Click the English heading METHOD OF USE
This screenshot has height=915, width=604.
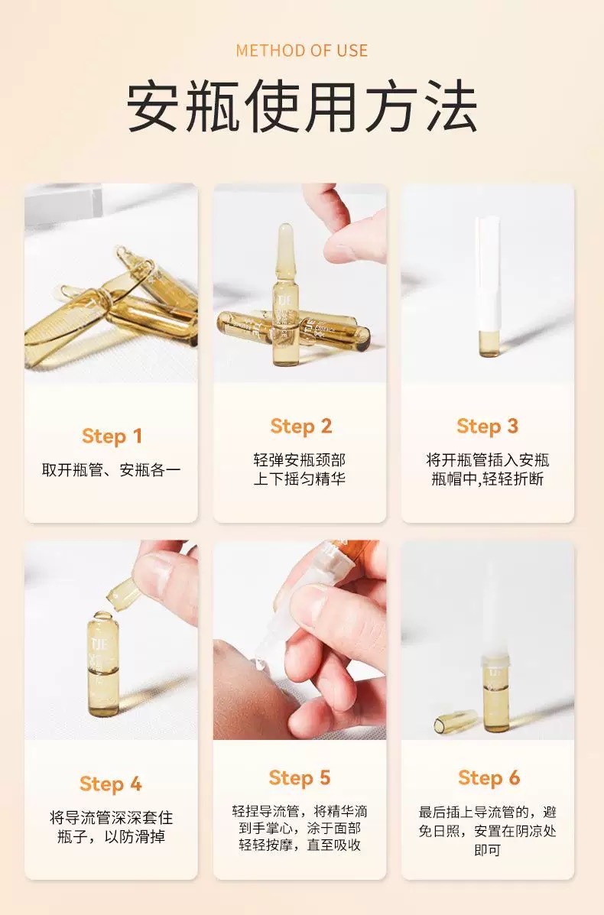(x=302, y=50)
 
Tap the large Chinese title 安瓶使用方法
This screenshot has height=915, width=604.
(x=302, y=107)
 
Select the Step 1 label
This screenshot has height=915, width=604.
(x=112, y=436)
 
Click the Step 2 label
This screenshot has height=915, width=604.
(x=300, y=427)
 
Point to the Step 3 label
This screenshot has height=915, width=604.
(x=487, y=427)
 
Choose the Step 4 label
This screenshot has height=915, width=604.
(x=111, y=784)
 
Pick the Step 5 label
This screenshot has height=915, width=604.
(x=300, y=778)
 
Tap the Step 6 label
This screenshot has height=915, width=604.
(x=489, y=778)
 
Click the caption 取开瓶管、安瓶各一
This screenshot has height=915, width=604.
(x=111, y=470)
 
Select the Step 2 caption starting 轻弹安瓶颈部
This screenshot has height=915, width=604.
(x=300, y=469)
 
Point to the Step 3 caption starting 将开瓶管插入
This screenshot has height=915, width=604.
(x=487, y=469)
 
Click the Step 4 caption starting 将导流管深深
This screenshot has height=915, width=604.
(x=111, y=827)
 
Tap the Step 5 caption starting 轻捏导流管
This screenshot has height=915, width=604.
(x=300, y=828)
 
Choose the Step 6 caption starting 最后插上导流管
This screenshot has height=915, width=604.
(x=487, y=831)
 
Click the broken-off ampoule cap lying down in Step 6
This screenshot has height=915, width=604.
(x=455, y=721)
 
